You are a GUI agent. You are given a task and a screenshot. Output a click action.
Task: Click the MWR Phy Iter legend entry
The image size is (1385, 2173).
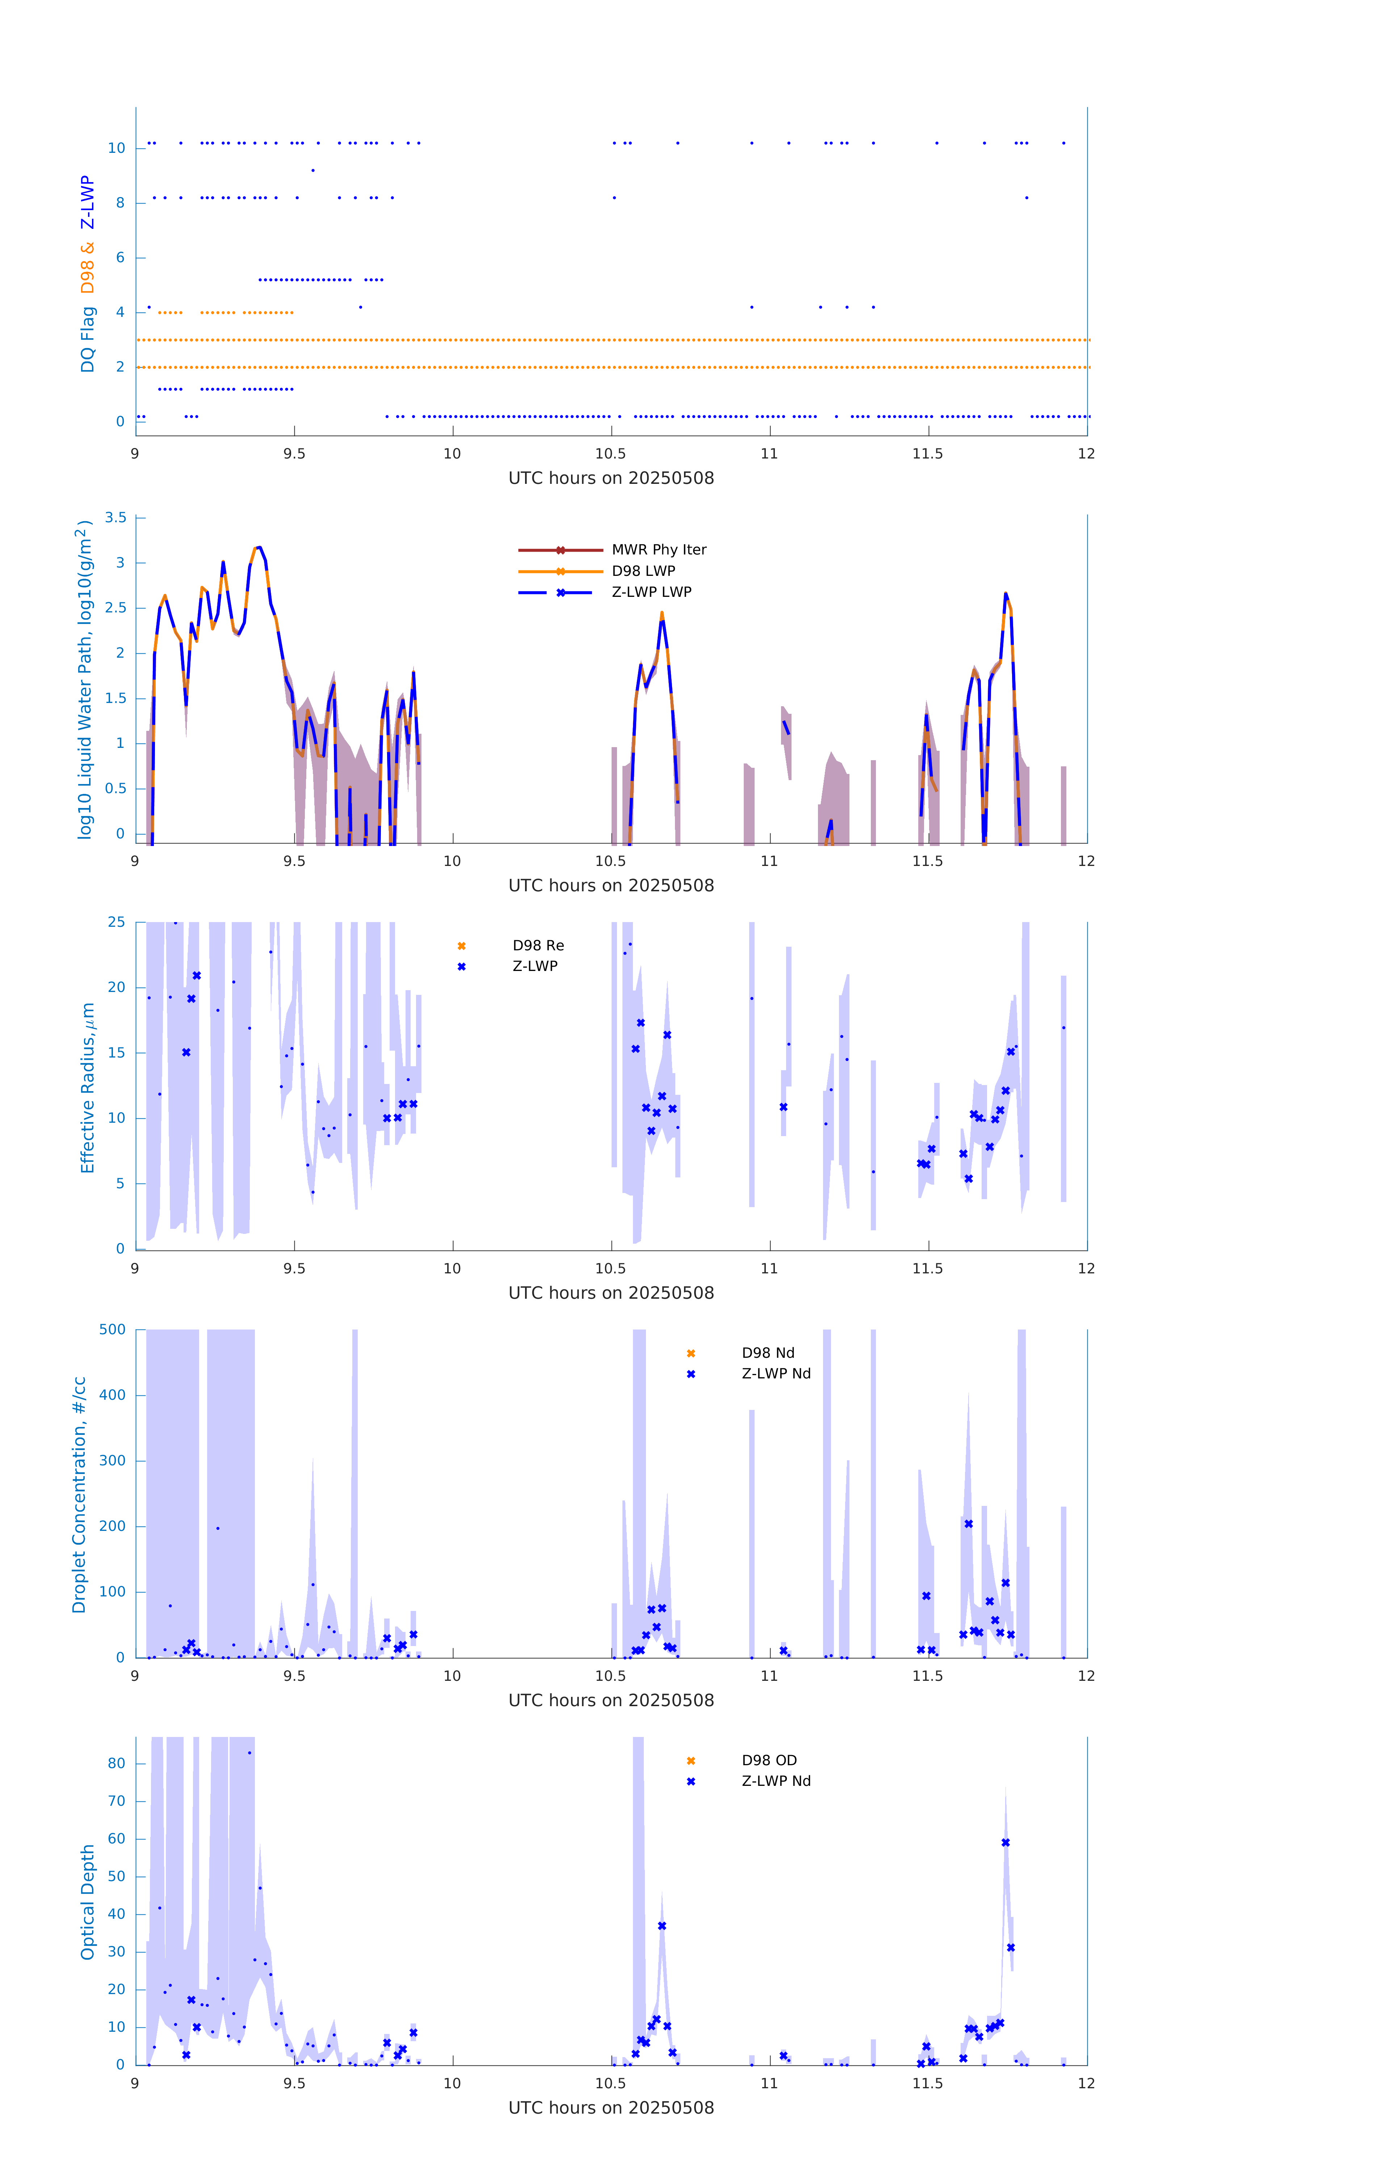point(659,549)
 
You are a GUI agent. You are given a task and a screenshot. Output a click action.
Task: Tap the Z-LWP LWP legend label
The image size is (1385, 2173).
point(651,592)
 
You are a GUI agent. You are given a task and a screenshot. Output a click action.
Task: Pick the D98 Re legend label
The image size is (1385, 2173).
point(538,946)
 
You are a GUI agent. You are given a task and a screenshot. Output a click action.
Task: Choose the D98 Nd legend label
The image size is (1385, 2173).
point(768,1353)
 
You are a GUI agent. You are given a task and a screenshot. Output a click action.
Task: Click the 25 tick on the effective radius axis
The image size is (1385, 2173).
point(116,922)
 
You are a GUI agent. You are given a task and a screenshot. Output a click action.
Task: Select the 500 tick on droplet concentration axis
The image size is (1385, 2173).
point(113,1329)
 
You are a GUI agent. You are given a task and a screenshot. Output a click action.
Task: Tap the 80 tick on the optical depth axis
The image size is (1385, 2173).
point(116,1762)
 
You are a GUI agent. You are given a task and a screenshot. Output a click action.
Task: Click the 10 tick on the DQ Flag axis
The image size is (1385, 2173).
point(116,148)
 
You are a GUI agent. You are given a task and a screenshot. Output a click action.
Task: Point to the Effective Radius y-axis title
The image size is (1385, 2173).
point(88,1087)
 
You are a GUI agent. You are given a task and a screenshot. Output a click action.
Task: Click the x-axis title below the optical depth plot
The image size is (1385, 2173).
point(611,2107)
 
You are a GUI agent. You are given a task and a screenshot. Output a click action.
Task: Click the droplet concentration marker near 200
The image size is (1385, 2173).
point(968,1523)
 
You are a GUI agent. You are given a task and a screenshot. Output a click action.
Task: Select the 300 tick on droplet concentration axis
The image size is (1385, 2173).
point(113,1460)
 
